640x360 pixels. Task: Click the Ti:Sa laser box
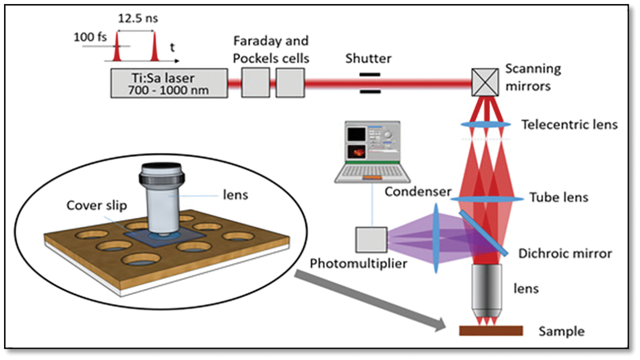pyautogui.click(x=169, y=84)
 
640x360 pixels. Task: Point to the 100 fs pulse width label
pyautogui.click(x=90, y=37)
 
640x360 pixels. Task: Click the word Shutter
pyautogui.click(x=368, y=59)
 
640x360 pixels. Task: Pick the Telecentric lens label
pyautogui.click(x=569, y=124)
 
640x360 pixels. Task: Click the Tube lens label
pyautogui.click(x=559, y=197)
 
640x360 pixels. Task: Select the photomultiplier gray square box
pyautogui.click(x=371, y=240)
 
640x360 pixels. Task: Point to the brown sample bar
pyautogui.click(x=491, y=330)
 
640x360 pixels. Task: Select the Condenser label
pyautogui.click(x=418, y=192)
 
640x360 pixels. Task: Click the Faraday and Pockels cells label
pyautogui.click(x=271, y=49)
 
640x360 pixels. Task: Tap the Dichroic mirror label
pyautogui.click(x=565, y=253)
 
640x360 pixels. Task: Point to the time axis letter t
pyautogui.click(x=173, y=48)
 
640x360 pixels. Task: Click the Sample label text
pyautogui.click(x=561, y=331)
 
